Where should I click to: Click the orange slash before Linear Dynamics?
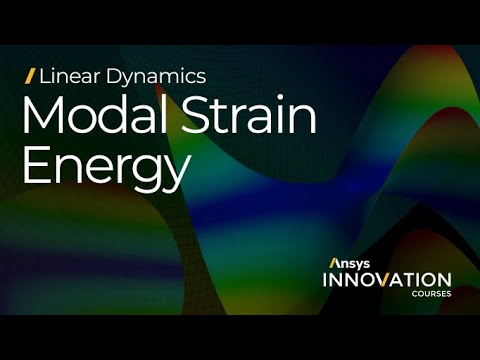pos(30,75)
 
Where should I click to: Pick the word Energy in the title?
pos(105,167)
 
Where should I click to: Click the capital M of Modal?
pos(42,117)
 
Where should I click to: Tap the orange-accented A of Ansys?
pos(334,263)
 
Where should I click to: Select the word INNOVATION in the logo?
pos(386,280)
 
